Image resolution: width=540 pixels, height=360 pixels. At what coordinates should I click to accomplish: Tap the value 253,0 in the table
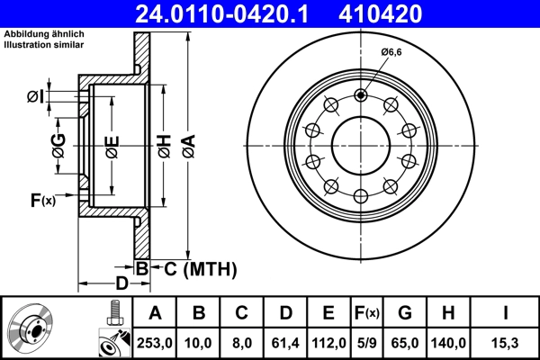155,343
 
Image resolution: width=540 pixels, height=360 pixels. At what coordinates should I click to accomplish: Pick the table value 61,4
285,343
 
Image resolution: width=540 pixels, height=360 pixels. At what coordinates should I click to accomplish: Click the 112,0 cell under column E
328,343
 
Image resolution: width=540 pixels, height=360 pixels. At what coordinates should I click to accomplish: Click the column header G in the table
405,313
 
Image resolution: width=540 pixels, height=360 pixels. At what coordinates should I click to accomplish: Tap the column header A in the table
155,313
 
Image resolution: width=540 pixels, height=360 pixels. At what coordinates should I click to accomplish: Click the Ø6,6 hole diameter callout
391,53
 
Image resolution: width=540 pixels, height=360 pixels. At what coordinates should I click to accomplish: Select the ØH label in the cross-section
165,145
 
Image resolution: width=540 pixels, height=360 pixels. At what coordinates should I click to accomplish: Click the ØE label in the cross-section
112,145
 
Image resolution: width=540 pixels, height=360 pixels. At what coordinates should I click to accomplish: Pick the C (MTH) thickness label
195,267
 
